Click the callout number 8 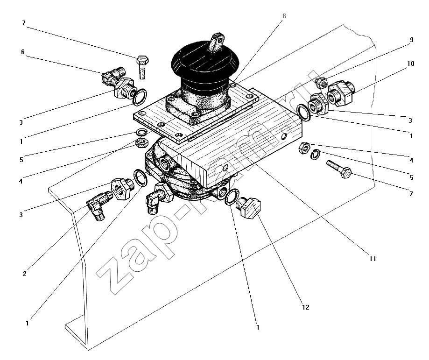pyautogui.click(x=284, y=16)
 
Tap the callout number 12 pyautogui.click(x=306, y=307)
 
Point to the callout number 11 pyautogui.click(x=373, y=259)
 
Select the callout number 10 pyautogui.click(x=411, y=64)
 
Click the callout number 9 pyautogui.click(x=411, y=40)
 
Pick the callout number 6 pyautogui.click(x=23, y=52)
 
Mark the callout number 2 pyautogui.click(x=25, y=274)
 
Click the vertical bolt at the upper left pyautogui.click(x=142, y=67)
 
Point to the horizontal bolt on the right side pyautogui.click(x=339, y=169)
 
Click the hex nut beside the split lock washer pyautogui.click(x=304, y=148)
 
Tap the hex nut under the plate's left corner pyautogui.click(x=142, y=142)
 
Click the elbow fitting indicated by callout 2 pyautogui.click(x=99, y=205)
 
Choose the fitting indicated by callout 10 pyautogui.click(x=340, y=93)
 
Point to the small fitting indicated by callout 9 pyautogui.click(x=321, y=82)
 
